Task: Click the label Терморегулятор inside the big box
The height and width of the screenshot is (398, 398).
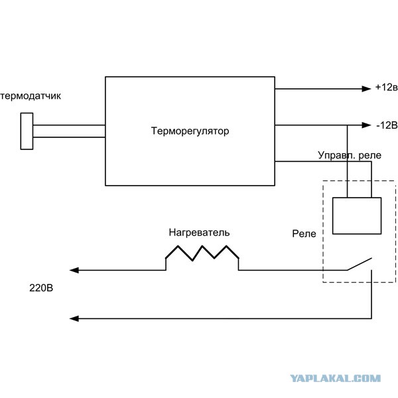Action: tap(190, 131)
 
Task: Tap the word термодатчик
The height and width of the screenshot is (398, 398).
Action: tap(31, 96)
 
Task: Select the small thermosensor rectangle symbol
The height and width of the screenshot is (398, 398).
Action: tap(27, 131)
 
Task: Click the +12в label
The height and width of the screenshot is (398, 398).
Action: tap(386, 87)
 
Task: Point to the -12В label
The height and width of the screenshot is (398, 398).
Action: tap(387, 125)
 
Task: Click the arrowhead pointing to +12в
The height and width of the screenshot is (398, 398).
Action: tap(367, 89)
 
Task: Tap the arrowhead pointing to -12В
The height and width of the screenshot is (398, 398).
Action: tap(367, 125)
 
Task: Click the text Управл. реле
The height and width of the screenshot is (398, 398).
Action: tap(350, 155)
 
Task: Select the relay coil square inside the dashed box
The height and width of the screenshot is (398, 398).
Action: tap(357, 216)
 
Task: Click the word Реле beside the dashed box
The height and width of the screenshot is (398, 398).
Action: tap(304, 233)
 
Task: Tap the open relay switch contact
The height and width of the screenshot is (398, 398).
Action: tap(360, 264)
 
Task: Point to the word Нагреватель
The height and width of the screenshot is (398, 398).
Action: tap(199, 233)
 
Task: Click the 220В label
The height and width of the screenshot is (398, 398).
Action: tap(41, 288)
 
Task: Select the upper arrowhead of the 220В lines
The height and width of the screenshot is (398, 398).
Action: tap(74, 271)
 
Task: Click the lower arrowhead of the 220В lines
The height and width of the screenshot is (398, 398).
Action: tap(74, 318)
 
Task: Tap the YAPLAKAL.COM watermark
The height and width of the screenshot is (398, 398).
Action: tap(335, 379)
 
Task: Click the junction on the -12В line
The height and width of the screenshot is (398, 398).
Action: tap(347, 125)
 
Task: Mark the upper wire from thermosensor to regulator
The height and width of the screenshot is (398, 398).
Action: tap(69, 125)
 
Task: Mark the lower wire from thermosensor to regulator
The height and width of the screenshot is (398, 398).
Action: tap(69, 137)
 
